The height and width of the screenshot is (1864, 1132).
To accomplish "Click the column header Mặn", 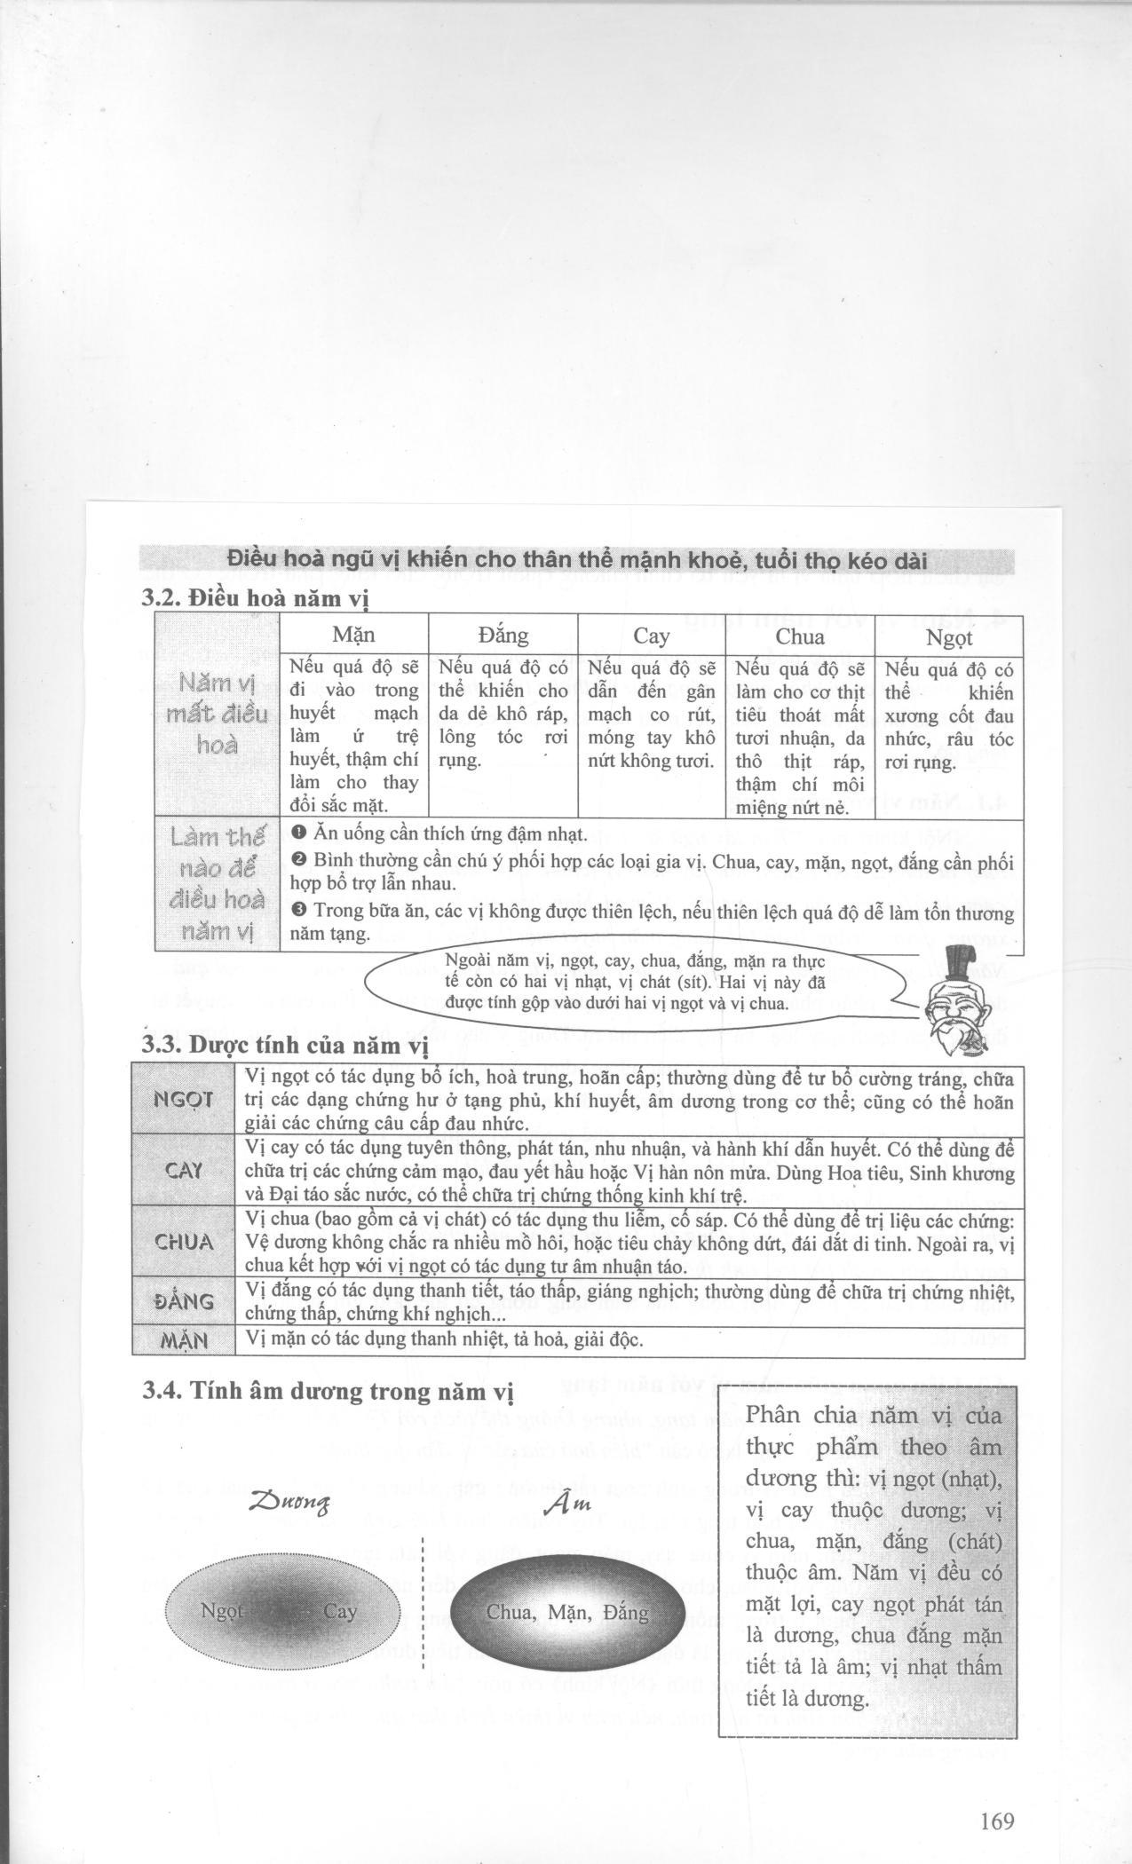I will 353,636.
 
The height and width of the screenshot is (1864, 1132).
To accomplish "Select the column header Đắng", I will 503,636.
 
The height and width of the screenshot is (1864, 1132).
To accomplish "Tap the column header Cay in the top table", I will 651,636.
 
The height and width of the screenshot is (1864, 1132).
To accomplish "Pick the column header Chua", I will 800,636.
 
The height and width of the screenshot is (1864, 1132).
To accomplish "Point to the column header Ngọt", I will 949,637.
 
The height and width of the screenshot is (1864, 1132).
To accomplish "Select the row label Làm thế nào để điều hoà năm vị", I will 218,883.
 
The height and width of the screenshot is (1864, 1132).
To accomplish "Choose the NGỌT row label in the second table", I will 184,1100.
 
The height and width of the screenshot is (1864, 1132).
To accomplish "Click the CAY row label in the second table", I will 184,1170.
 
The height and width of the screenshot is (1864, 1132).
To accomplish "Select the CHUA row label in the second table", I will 184,1242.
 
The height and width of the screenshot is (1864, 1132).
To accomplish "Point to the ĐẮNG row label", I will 184,1301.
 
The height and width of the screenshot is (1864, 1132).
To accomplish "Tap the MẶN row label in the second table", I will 184,1340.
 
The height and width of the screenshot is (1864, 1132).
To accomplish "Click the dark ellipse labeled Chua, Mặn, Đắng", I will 568,1612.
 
